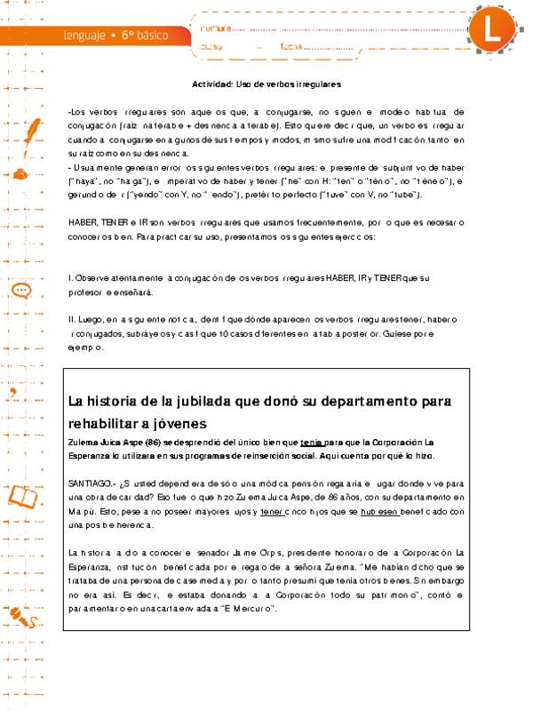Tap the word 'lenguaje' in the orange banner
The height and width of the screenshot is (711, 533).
tap(84, 36)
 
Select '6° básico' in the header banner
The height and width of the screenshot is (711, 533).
tap(143, 36)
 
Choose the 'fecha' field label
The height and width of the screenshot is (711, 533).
tap(292, 45)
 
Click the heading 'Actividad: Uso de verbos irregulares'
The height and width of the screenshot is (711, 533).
tap(266, 84)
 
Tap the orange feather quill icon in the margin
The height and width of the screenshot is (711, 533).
tap(30, 132)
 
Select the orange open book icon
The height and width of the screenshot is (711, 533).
tap(24, 494)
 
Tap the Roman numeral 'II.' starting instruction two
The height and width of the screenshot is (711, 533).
tap(71, 319)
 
